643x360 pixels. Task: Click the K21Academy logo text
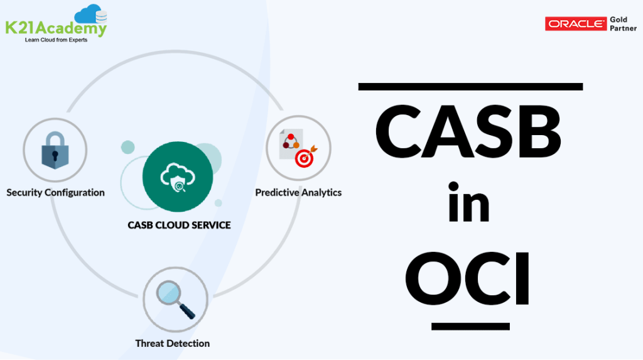(55, 28)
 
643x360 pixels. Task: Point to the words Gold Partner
(622, 24)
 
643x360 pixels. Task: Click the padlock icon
(55, 150)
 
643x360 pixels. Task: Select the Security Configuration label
(55, 192)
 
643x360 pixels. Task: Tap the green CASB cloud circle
(178, 178)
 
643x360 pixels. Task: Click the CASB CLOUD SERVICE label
(179, 225)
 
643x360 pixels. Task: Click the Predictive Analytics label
(298, 192)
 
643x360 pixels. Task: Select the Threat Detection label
(173, 343)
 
